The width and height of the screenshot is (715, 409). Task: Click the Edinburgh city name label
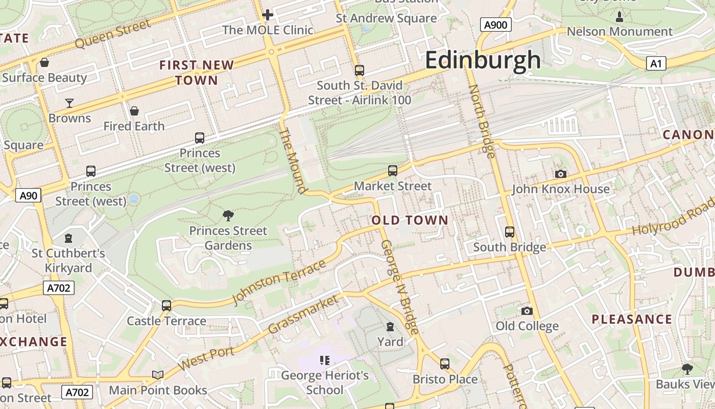[x=483, y=60]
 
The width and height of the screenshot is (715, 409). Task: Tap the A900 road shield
[x=495, y=25]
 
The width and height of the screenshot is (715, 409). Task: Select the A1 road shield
[x=656, y=63]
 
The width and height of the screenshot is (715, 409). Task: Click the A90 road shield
[x=29, y=195]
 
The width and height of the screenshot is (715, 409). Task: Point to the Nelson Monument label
[x=619, y=32]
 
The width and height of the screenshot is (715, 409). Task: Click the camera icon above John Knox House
[x=560, y=174]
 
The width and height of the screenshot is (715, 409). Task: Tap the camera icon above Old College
[x=527, y=311]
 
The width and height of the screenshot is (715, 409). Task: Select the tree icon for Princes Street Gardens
[x=228, y=216]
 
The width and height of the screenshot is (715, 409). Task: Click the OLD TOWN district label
[x=410, y=220]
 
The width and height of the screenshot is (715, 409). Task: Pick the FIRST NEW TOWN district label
[x=197, y=73]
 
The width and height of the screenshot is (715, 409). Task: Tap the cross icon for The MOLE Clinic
[x=267, y=15]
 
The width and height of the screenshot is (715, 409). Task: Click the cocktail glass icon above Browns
[x=69, y=103]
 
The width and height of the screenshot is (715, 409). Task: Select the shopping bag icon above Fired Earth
[x=134, y=111]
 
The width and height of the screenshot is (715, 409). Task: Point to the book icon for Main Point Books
[x=158, y=375]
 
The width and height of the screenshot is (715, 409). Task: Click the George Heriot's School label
[x=325, y=382]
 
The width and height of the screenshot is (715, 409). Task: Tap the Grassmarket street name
[x=303, y=314]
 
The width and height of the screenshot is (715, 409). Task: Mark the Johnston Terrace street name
[x=279, y=282]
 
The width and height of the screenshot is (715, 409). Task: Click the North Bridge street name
[x=482, y=121]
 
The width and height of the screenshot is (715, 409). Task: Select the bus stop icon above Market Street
[x=392, y=171]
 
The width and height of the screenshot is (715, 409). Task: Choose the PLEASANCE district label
[x=632, y=320]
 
